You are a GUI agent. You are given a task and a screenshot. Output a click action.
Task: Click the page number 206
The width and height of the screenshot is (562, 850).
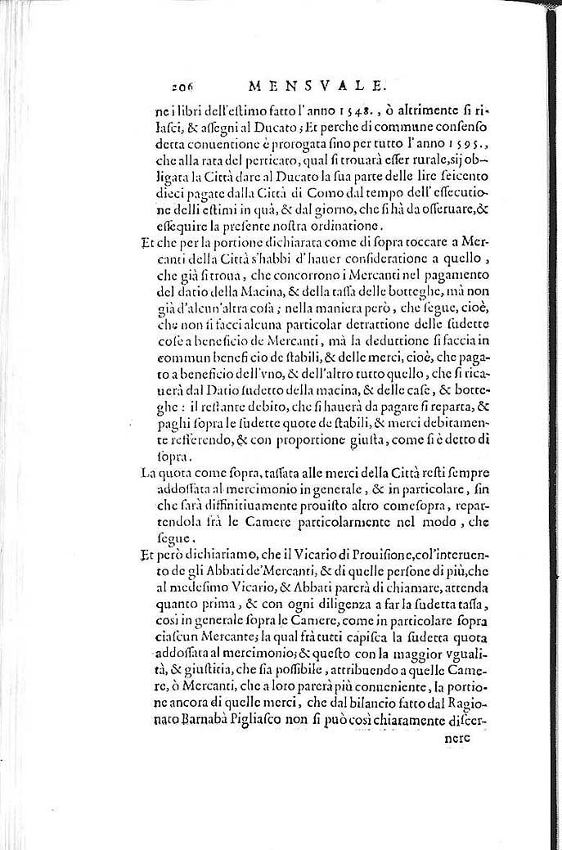point(187,85)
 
